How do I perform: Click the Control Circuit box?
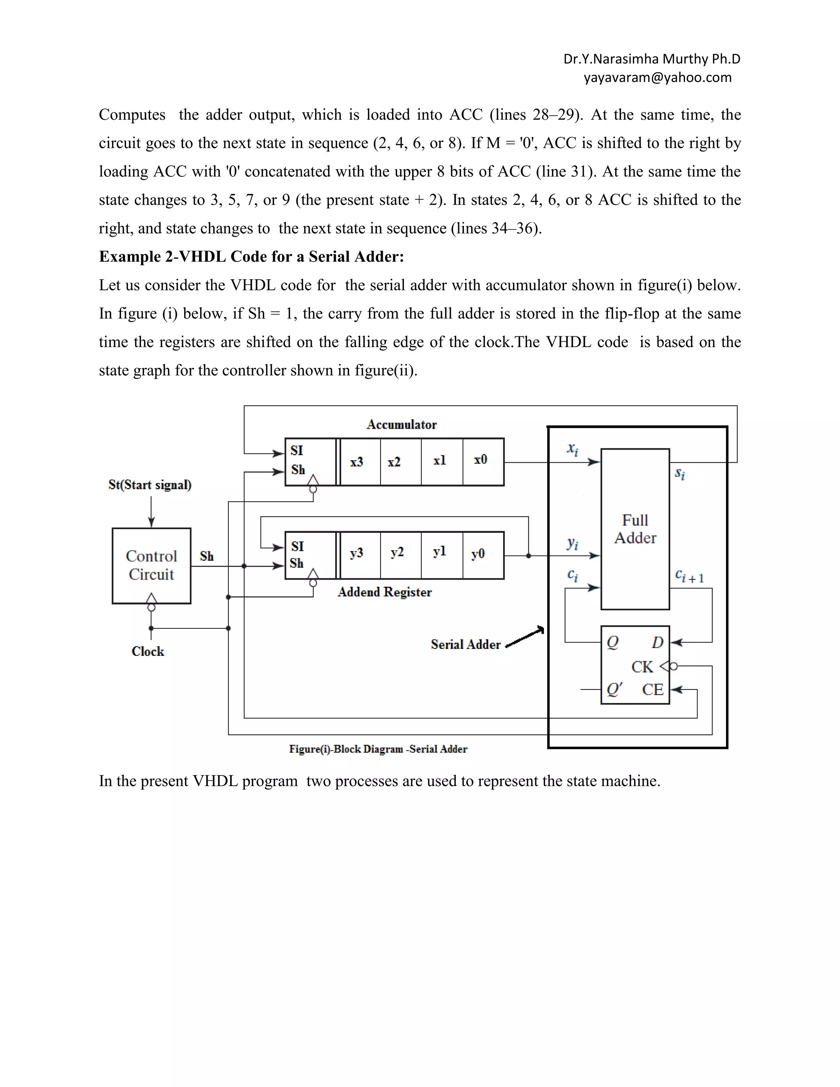tap(151, 565)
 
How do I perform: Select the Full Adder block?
tap(635, 529)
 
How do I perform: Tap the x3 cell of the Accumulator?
tap(357, 462)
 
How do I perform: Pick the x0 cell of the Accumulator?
tap(481, 460)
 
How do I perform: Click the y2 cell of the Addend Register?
tap(397, 553)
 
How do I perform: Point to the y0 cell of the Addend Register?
tap(478, 554)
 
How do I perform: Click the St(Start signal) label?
tap(150, 485)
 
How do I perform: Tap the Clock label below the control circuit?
tap(148, 651)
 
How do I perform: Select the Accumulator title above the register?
tap(402, 425)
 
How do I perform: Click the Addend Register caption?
tap(385, 592)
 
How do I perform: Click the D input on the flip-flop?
tap(657, 642)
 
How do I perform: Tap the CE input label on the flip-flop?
tap(653, 690)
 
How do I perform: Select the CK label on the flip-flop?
tap(642, 667)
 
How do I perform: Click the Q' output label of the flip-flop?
tap(614, 690)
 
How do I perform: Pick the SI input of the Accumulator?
tap(297, 451)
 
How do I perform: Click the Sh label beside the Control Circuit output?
tap(207, 557)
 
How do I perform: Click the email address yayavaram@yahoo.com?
tap(657, 78)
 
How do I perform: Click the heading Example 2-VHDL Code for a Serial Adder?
tap(251, 257)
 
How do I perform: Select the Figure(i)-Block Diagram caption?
tap(378, 749)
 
